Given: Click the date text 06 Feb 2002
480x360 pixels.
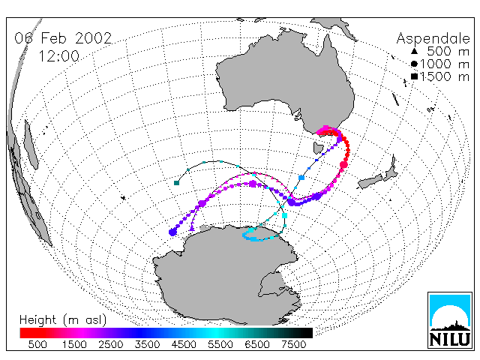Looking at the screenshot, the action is pyautogui.click(x=63, y=38).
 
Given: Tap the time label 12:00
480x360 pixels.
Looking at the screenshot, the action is pyautogui.click(x=59, y=56).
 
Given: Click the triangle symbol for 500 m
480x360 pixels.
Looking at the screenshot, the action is pyautogui.click(x=414, y=51).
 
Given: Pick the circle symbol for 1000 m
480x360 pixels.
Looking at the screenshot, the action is pyautogui.click(x=414, y=64).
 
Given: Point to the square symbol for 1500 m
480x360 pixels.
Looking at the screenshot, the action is pyautogui.click(x=414, y=76).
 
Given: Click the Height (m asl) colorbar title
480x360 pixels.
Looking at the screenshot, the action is pyautogui.click(x=63, y=320).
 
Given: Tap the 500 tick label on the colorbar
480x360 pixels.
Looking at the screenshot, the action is pyautogui.click(x=37, y=345).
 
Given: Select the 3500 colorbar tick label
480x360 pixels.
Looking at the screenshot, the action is pyautogui.click(x=147, y=345).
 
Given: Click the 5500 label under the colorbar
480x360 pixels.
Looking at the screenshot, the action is pyautogui.click(x=220, y=345).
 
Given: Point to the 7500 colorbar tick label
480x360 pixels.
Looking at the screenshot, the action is pyautogui.click(x=293, y=345).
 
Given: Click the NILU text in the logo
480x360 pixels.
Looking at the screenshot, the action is pyautogui.click(x=450, y=339).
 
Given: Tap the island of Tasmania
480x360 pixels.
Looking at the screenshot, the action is pyautogui.click(x=318, y=148).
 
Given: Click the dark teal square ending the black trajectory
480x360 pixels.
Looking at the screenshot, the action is pyautogui.click(x=176, y=183).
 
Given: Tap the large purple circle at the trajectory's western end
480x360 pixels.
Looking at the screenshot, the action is pyautogui.click(x=172, y=232).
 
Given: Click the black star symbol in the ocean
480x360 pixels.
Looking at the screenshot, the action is pyautogui.click(x=123, y=198).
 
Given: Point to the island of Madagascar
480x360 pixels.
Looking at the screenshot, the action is pyautogui.click(x=31, y=145).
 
